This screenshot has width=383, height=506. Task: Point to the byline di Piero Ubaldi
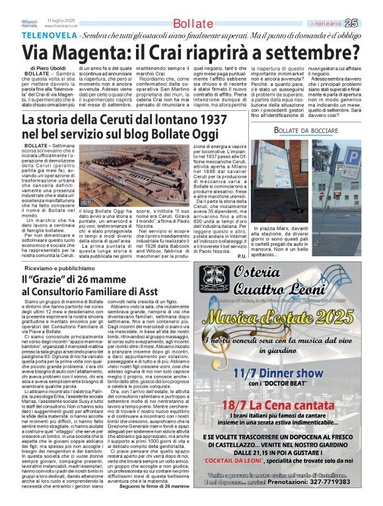point(48,68)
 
